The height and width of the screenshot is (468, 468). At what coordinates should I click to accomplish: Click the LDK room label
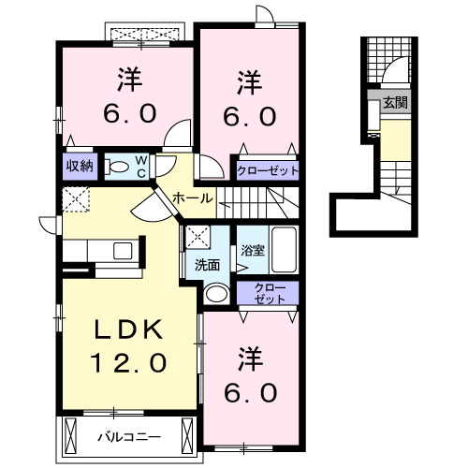click(128, 329)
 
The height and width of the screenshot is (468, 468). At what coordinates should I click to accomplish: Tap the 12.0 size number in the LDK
click(128, 360)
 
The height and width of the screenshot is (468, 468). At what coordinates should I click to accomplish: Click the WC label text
click(139, 167)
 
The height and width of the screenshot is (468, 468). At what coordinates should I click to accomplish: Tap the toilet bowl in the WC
click(116, 167)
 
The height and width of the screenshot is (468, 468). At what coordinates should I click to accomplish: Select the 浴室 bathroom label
click(252, 251)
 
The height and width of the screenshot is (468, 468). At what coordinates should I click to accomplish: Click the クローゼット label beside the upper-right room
click(268, 171)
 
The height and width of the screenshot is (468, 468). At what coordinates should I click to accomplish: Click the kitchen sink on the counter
click(123, 250)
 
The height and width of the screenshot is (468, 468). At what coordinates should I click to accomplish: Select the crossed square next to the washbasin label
click(197, 236)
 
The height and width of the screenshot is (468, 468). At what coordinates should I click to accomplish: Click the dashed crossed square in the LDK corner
click(75, 198)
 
